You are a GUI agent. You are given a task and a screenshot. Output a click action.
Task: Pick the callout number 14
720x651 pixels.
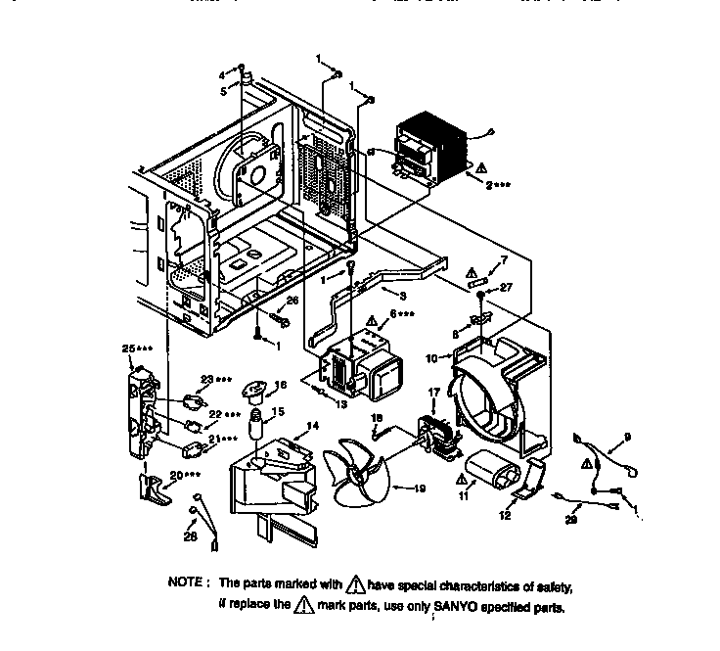(312, 426)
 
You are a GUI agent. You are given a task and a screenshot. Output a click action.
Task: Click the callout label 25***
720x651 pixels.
(136, 349)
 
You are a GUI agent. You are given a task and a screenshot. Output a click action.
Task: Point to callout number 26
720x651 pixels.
(292, 301)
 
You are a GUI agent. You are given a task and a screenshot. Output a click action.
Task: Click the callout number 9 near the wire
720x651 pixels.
(627, 436)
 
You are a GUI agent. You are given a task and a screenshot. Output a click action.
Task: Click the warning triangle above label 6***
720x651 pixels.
(373, 320)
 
